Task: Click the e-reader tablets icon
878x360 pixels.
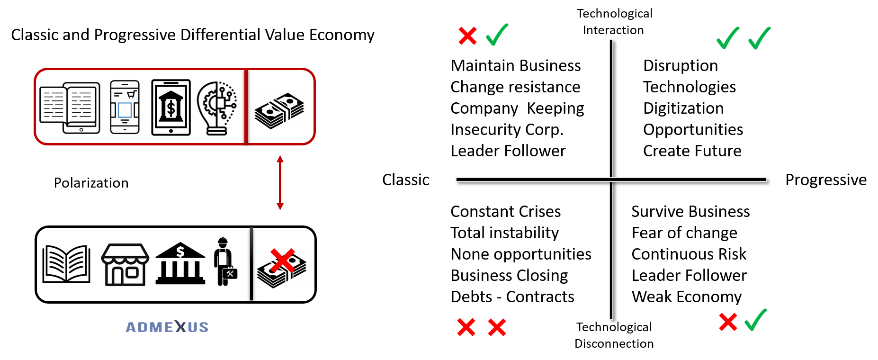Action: pos(70,108)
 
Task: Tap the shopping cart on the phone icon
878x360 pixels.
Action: pos(131,94)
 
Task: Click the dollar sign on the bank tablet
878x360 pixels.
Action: pos(171,109)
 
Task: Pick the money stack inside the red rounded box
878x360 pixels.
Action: pos(280,111)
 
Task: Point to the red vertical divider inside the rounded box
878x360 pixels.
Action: pos(246,107)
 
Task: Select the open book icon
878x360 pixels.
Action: pos(66,264)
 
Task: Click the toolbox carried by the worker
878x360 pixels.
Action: pos(230,274)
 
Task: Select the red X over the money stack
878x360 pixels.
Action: pos(282,260)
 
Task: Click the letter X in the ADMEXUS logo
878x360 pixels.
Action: pos(180,326)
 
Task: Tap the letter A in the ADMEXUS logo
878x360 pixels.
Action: pos(131,327)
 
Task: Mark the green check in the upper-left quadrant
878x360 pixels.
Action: pos(497,35)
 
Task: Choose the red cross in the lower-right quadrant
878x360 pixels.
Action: pos(728,322)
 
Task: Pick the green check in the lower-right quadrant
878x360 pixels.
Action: pos(756,320)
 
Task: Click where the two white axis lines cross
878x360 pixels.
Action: pos(611,180)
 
